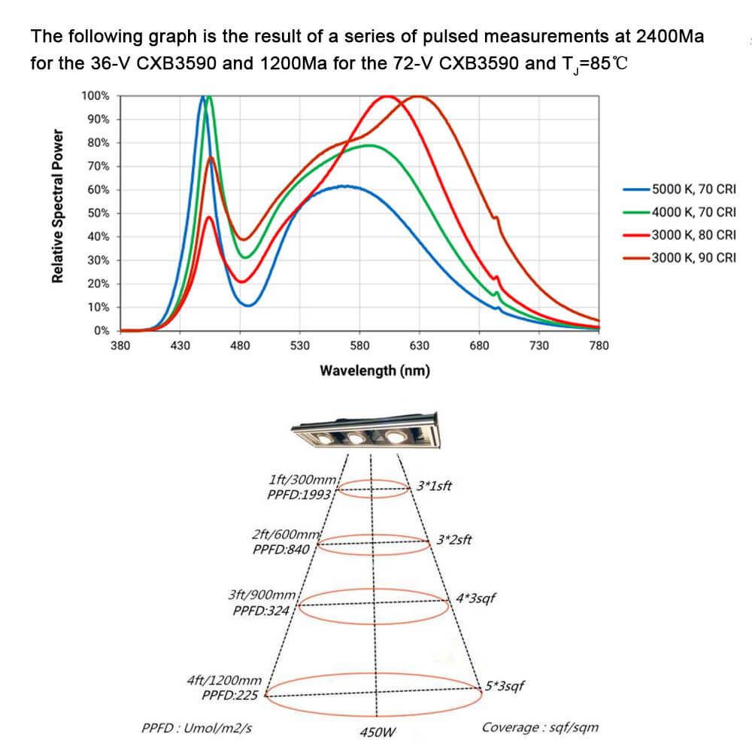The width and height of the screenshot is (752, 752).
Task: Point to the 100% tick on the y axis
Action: pyautogui.click(x=96, y=96)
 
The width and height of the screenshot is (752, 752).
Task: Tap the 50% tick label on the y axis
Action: pyautogui.click(x=98, y=214)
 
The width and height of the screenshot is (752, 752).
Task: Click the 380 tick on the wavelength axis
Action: pyautogui.click(x=120, y=345)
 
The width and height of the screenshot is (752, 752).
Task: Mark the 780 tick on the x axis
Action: pyautogui.click(x=599, y=345)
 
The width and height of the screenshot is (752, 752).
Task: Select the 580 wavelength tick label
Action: pyautogui.click(x=359, y=345)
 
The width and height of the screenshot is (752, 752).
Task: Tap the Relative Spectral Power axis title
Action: pyautogui.click(x=57, y=206)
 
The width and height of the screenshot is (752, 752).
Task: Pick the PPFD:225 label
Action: pyautogui.click(x=230, y=695)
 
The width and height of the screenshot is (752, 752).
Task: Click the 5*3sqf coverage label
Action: pyautogui.click(x=505, y=686)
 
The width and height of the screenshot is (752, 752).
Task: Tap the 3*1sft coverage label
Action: pyautogui.click(x=434, y=485)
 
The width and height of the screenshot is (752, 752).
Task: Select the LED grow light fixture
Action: pyautogui.click(x=365, y=432)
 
